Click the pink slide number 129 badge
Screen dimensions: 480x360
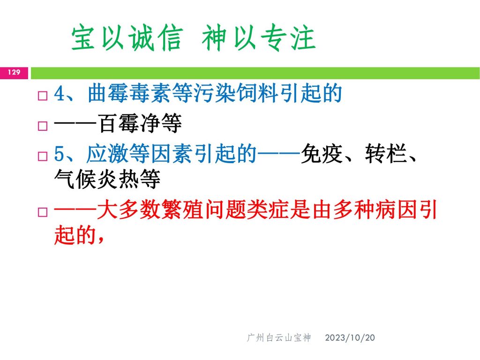(x=14, y=73)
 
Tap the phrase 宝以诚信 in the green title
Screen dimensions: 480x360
(x=127, y=37)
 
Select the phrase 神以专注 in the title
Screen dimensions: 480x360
(x=259, y=37)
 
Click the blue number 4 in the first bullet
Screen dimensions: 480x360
(x=59, y=93)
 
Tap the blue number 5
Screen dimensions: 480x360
(x=59, y=154)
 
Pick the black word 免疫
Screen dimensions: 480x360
(x=322, y=153)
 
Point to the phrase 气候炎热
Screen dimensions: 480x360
(x=97, y=179)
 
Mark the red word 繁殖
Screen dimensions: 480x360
(x=182, y=210)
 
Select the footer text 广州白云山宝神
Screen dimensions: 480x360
(x=279, y=337)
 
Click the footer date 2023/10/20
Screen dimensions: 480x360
(x=350, y=337)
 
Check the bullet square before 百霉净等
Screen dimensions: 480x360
(x=43, y=126)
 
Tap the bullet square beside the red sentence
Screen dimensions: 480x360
(x=43, y=212)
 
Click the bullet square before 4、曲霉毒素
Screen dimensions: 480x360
(x=43, y=96)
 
